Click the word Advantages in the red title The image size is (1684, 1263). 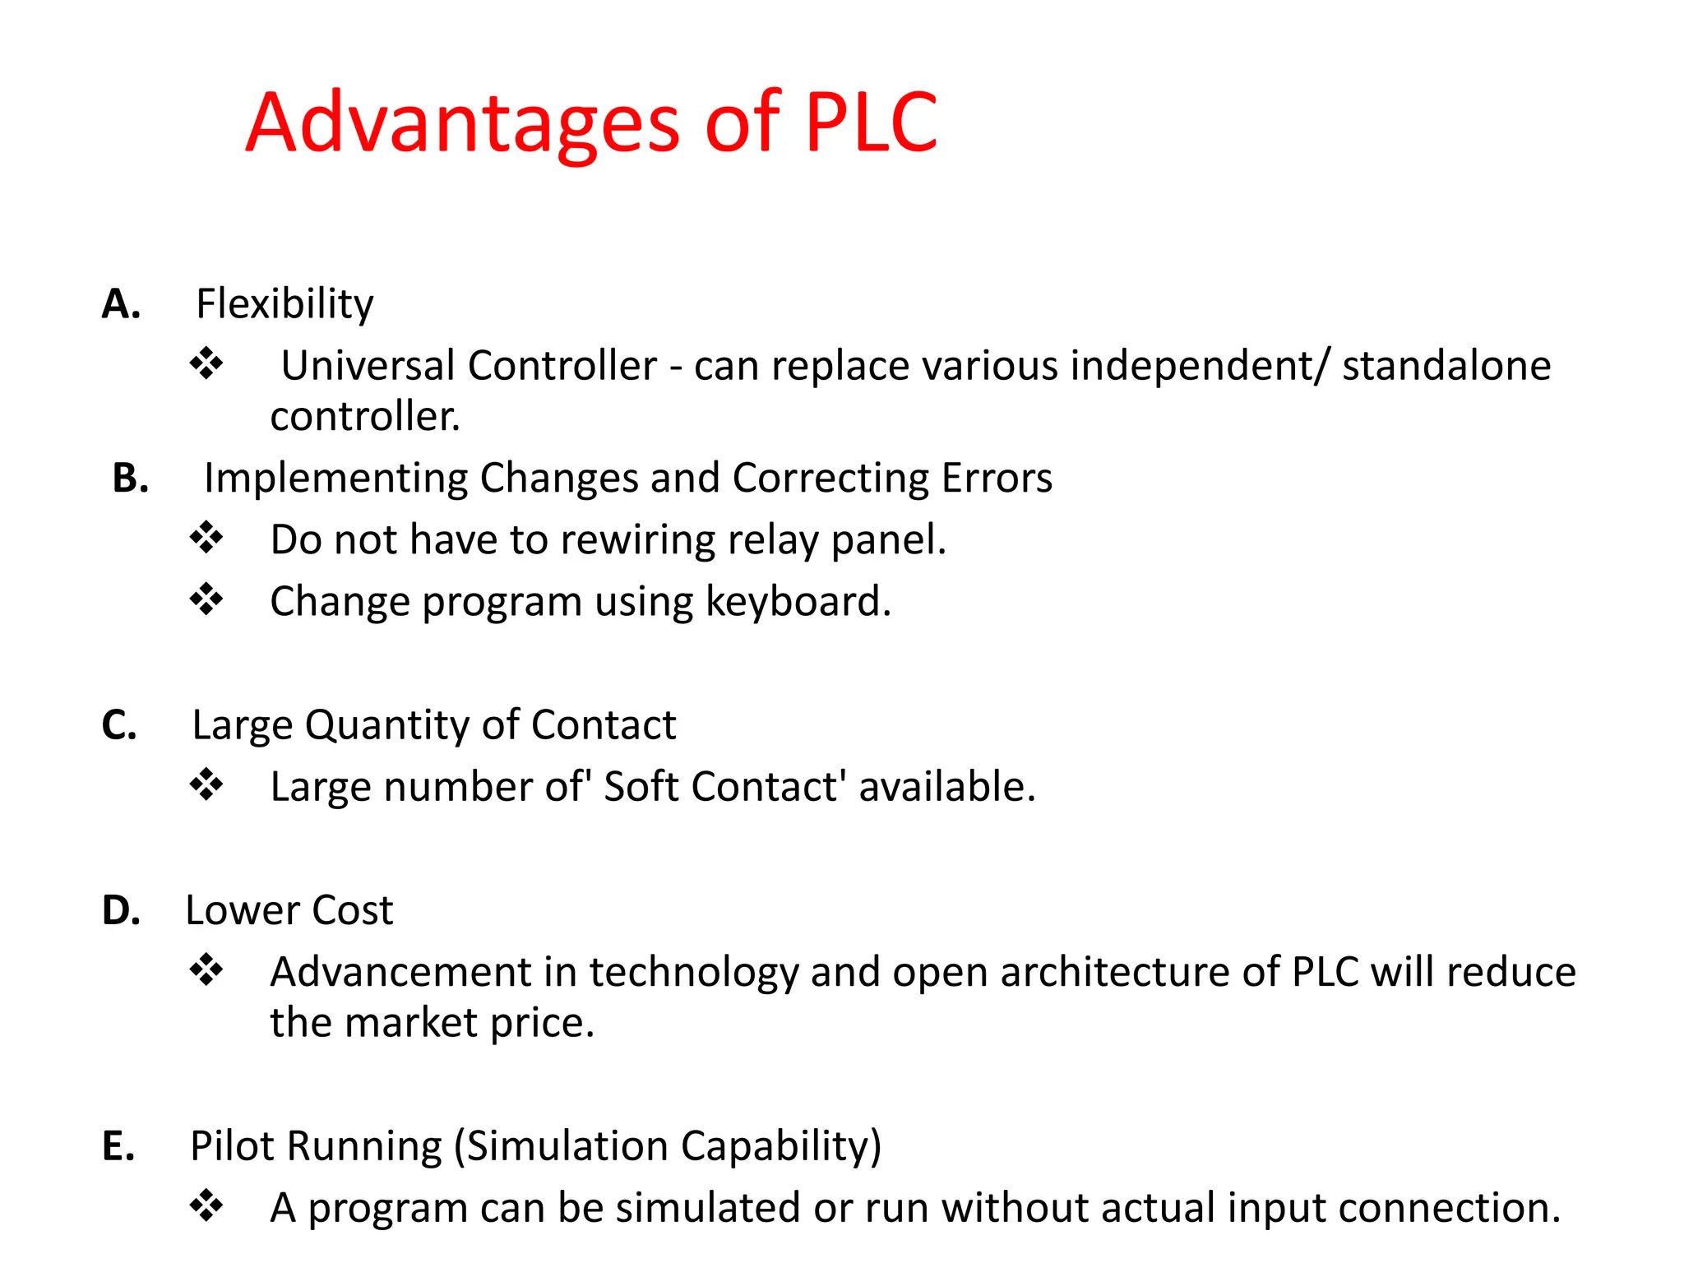[463, 123]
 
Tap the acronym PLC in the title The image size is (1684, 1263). [871, 123]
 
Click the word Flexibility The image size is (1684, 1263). [285, 304]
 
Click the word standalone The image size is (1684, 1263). [1446, 365]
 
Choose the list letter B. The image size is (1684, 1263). [131, 479]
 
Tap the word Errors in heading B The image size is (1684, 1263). [997, 478]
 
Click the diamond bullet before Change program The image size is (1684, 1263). [206, 599]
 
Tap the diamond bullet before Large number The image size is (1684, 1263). [206, 784]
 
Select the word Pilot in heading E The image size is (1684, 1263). [234, 1146]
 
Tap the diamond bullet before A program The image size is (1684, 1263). [206, 1206]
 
